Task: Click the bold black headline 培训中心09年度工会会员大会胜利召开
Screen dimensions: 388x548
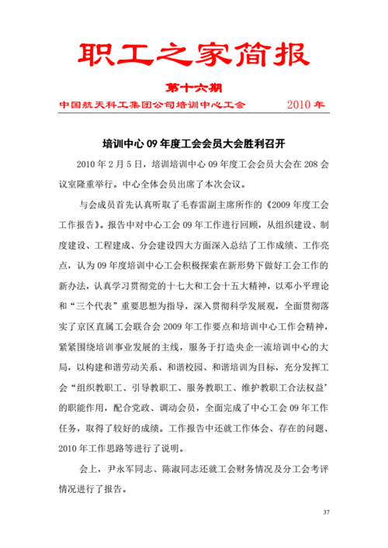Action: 195,144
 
